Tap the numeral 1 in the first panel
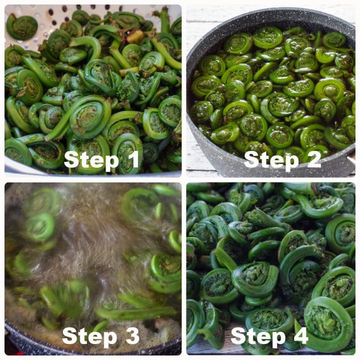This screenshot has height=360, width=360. pos(132,159)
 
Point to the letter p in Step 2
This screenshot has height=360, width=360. pos(289,161)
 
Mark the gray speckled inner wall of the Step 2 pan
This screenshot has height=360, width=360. pos(200,145)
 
